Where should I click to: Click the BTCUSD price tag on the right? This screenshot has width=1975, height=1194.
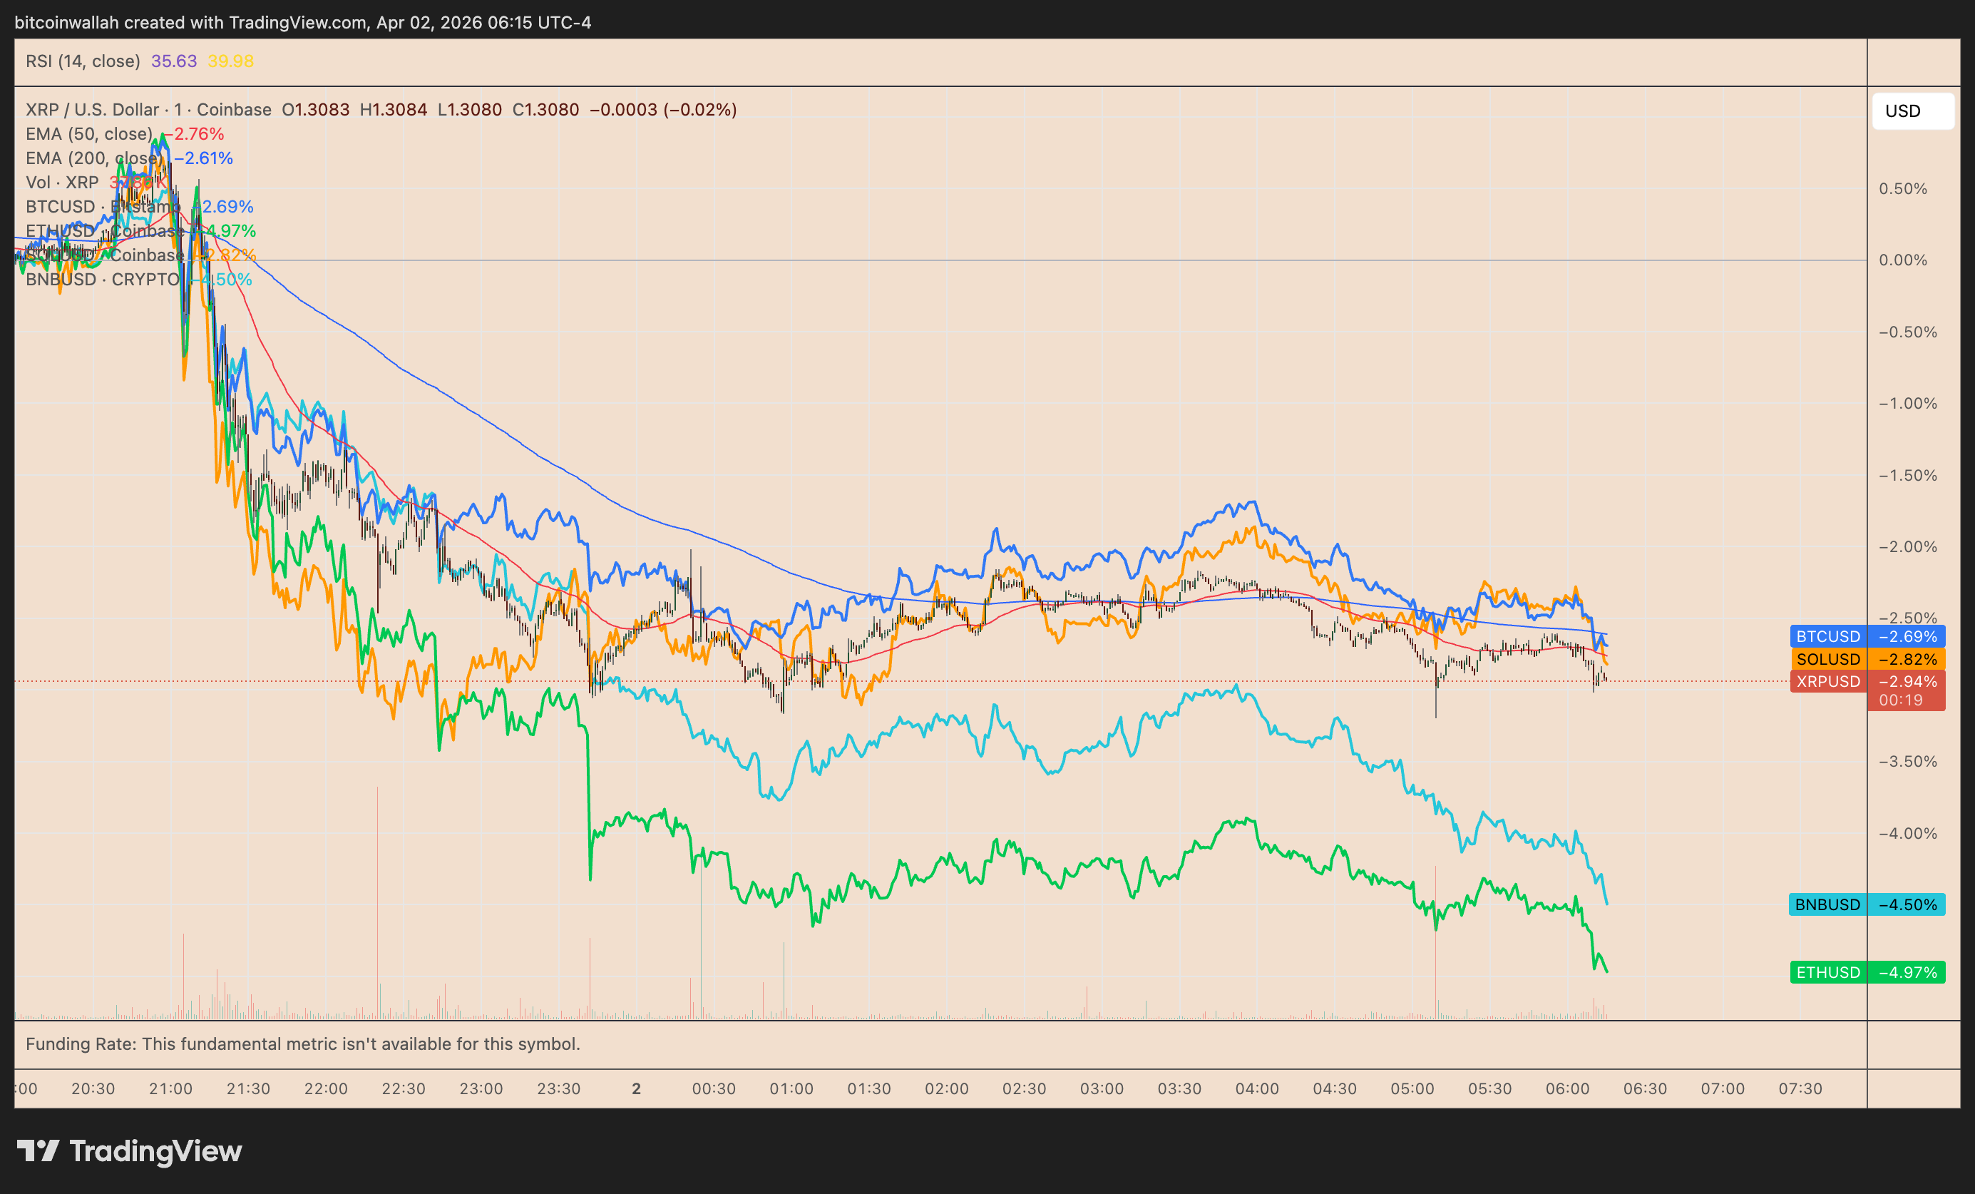click(x=1867, y=637)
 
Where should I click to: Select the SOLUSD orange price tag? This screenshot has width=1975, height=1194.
click(x=1867, y=659)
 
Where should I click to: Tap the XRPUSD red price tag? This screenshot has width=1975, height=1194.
click(x=1867, y=682)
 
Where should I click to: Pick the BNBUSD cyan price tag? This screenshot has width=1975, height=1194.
click(x=1867, y=904)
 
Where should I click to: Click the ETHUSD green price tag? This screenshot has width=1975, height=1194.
click(x=1867, y=973)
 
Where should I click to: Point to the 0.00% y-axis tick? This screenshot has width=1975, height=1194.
click(x=1903, y=260)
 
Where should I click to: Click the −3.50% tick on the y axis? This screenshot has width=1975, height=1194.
click(x=1908, y=762)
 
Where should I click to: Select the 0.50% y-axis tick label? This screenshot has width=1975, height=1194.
click(x=1903, y=189)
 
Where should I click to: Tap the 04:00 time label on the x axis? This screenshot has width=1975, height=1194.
click(x=1257, y=1089)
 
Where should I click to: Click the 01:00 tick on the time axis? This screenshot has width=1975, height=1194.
click(x=791, y=1089)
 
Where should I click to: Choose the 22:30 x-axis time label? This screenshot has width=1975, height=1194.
click(x=403, y=1089)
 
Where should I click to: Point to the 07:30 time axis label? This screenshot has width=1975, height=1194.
click(x=1800, y=1089)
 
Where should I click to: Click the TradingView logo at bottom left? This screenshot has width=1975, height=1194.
click(x=130, y=1151)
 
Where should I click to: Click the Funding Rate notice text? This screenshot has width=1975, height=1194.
click(x=303, y=1044)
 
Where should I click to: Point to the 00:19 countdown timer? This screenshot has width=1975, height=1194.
click(x=1900, y=700)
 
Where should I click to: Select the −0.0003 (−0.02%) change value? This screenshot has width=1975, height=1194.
click(x=663, y=110)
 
